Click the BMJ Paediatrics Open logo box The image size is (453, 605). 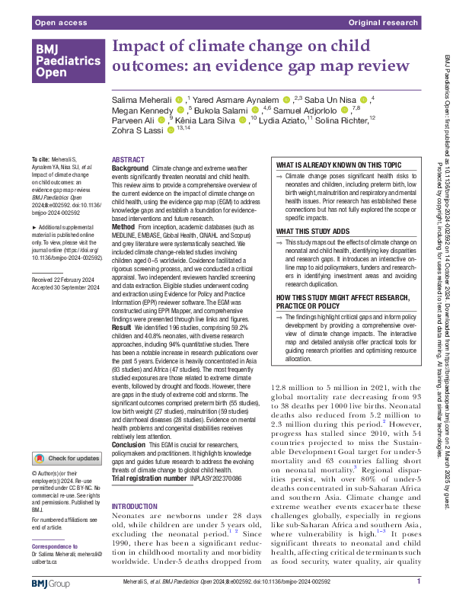pos(66,61)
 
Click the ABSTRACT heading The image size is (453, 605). pos(127,160)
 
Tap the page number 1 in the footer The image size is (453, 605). pos(419,584)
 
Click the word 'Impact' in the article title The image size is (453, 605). pos(137,47)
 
